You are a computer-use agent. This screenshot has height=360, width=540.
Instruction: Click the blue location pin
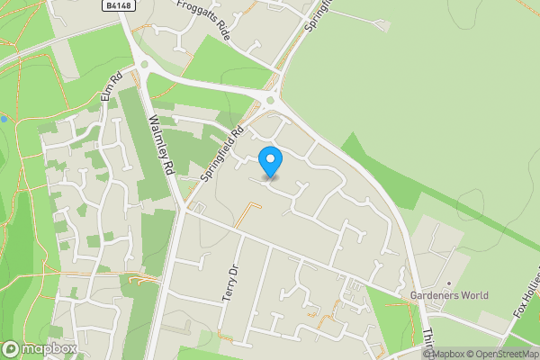[270, 161]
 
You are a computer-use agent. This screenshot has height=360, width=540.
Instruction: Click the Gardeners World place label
[449, 295]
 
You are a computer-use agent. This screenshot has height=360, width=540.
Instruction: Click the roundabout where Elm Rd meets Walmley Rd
[143, 64]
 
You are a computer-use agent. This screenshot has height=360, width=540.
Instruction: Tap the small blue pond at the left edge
[4, 119]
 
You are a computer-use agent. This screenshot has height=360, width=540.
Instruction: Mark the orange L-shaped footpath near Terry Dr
[247, 213]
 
